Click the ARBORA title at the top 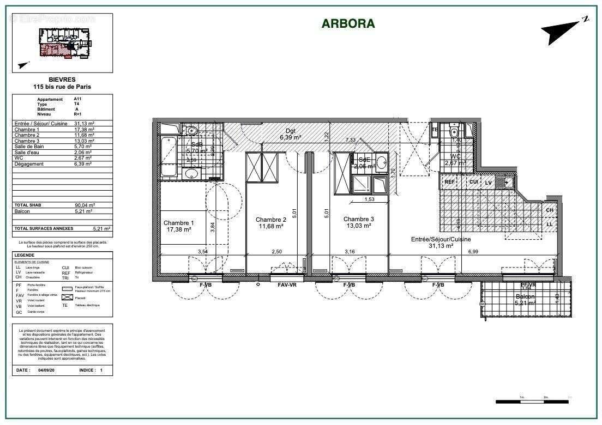tap(348, 23)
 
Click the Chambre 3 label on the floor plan tap(358, 220)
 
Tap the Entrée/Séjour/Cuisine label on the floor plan tap(441, 239)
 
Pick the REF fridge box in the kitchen tap(449, 183)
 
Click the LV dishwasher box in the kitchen tap(489, 183)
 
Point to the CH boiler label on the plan tap(549, 210)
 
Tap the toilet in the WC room tap(454, 132)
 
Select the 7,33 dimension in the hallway tap(351, 140)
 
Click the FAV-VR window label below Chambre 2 tap(287, 285)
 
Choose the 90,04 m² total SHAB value tap(84, 205)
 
